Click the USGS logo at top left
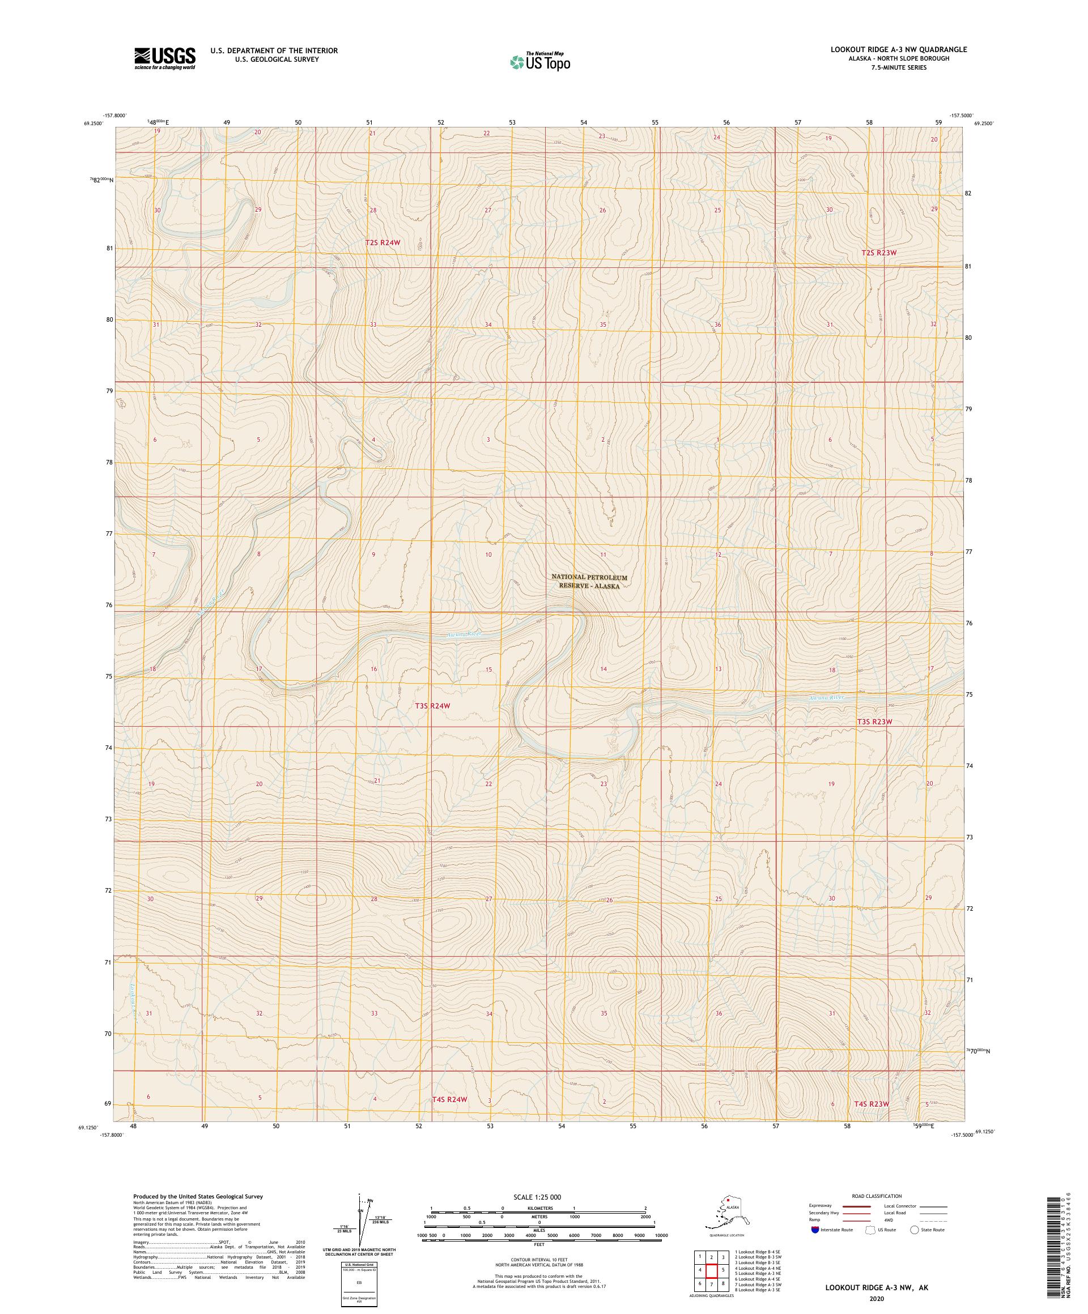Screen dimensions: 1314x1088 tap(164, 59)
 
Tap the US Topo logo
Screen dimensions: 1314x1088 tap(539, 61)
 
